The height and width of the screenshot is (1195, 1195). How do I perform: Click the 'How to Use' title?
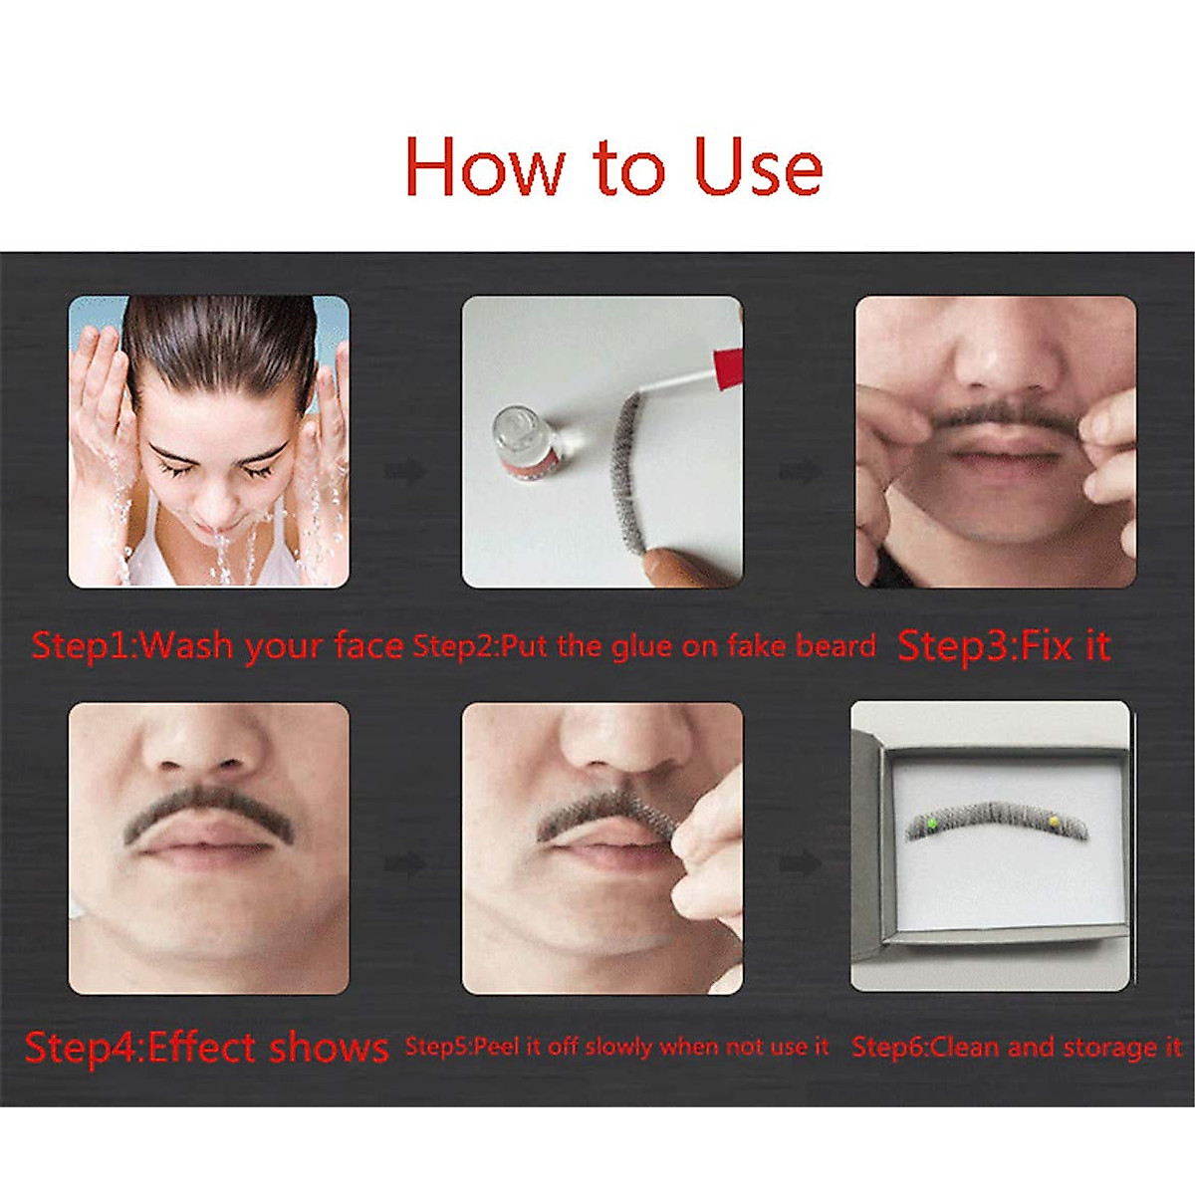coord(612,167)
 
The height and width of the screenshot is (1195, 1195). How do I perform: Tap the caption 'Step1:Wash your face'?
coord(217,645)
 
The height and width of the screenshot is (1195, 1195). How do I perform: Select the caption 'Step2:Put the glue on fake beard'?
coord(644,646)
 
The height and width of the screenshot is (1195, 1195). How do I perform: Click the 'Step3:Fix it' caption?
coord(1003,645)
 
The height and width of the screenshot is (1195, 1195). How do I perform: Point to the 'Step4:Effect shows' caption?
coord(206,1048)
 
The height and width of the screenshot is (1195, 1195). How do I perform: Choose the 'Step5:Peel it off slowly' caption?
coord(616,1047)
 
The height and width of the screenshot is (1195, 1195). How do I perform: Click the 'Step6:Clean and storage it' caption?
coord(1016,1047)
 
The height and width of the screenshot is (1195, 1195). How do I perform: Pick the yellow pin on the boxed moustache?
coord(1054,821)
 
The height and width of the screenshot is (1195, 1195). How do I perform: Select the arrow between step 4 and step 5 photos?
coord(405,863)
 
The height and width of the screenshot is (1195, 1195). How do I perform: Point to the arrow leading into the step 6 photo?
coord(800,863)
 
